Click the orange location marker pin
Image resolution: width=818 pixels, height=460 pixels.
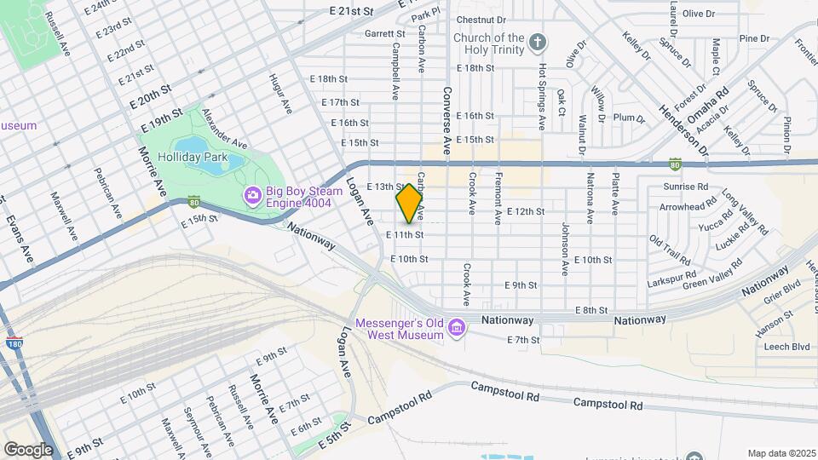click(409, 203)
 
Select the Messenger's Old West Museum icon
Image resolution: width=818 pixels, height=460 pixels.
click(457, 327)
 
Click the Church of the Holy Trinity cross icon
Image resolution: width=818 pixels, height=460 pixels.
click(537, 41)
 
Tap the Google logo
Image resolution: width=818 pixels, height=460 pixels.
click(28, 449)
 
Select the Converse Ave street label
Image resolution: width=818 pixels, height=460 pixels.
click(446, 118)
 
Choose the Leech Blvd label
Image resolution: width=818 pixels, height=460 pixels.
click(786, 347)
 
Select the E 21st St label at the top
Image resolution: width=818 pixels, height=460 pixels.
click(351, 11)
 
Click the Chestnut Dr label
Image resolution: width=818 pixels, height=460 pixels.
click(481, 19)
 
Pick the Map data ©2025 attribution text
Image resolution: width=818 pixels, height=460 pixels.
click(780, 452)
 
